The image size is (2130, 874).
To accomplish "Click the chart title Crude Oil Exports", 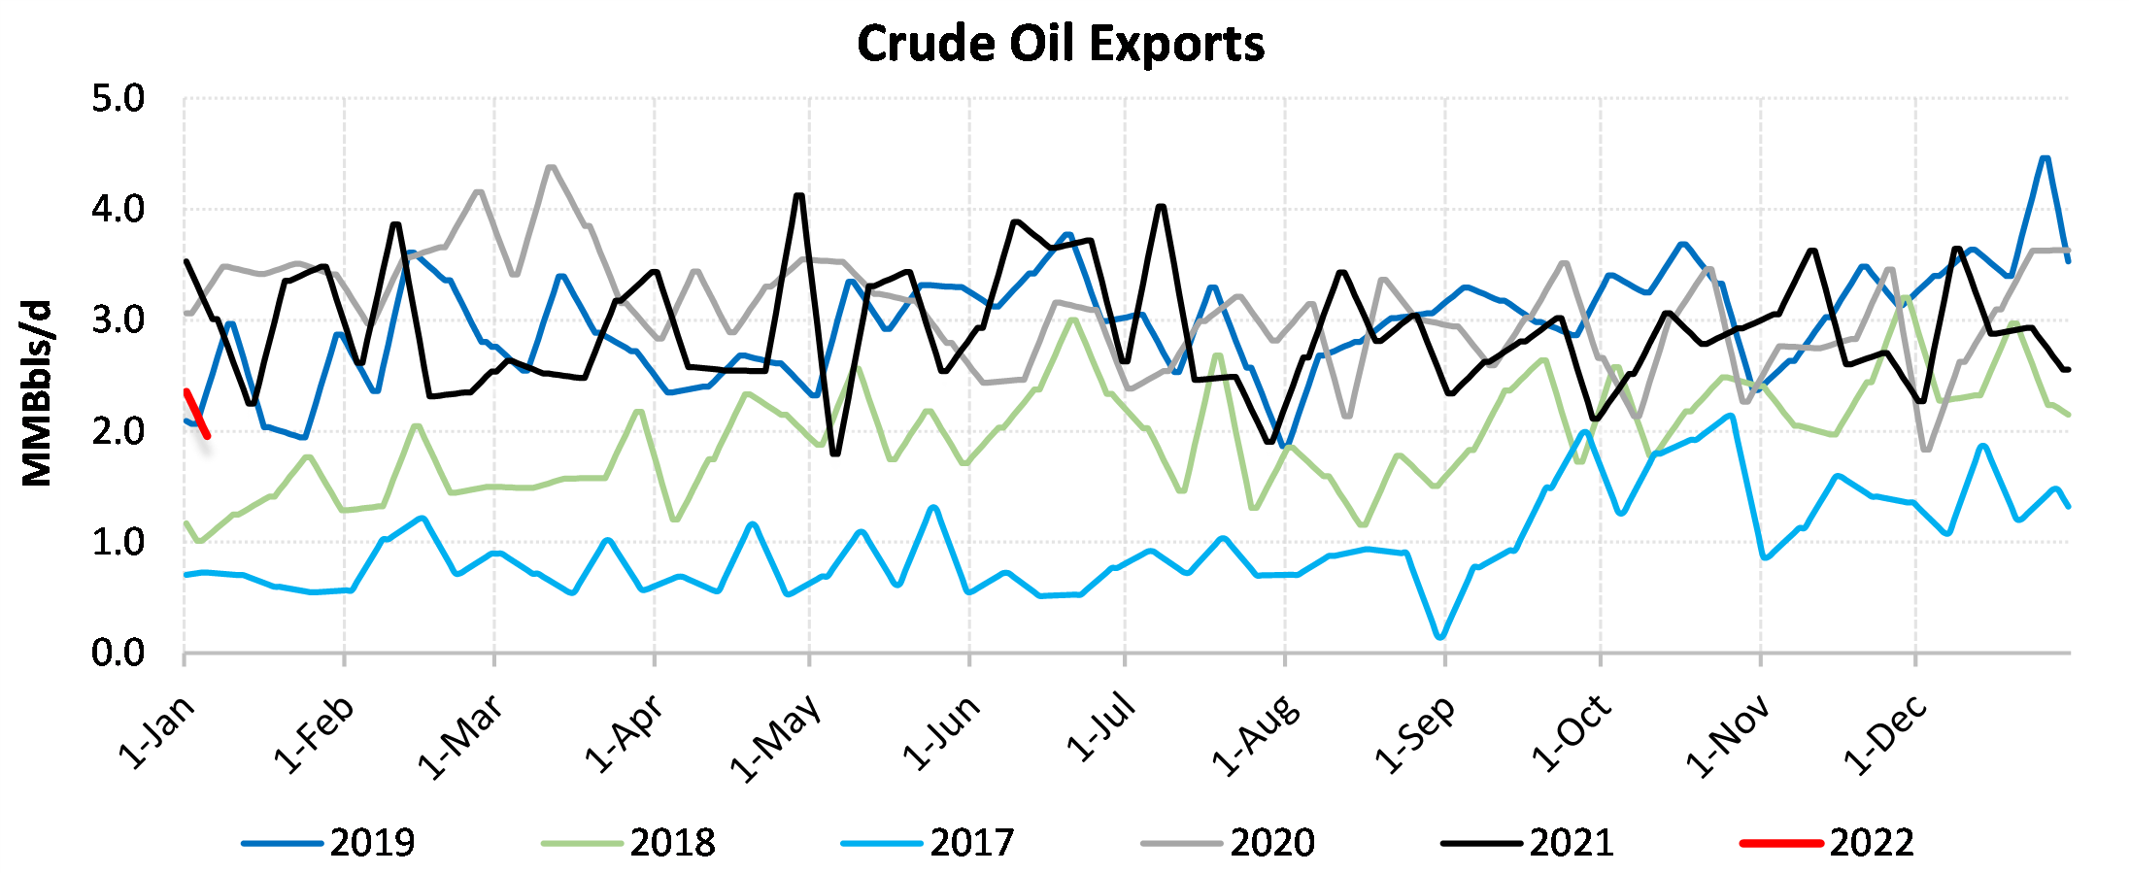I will pyautogui.click(x=1061, y=45).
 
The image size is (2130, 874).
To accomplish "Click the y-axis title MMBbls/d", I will pyautogui.click(x=37, y=393).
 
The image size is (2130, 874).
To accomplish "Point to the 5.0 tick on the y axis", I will pyautogui.click(x=118, y=99).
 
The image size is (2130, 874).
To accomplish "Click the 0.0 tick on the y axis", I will pyautogui.click(x=118, y=654).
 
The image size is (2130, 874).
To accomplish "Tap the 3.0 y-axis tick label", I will pyautogui.click(x=118, y=320).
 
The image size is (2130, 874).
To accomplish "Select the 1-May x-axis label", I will pyautogui.click(x=776, y=738).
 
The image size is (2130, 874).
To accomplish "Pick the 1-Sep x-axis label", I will pyautogui.click(x=1415, y=734).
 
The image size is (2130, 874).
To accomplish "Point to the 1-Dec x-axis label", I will pyautogui.click(x=1885, y=735).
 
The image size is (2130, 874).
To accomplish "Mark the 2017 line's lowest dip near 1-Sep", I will pyautogui.click(x=1439, y=637).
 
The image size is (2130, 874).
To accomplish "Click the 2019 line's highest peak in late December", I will pyautogui.click(x=2045, y=158).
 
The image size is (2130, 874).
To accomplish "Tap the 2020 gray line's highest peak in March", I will pyautogui.click(x=552, y=167).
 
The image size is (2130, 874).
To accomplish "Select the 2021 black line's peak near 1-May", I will pyautogui.click(x=799, y=195).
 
